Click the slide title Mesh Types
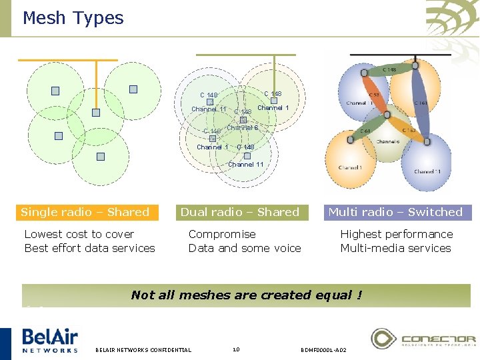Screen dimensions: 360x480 click(x=73, y=18)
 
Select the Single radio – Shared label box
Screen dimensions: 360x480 click(x=85, y=212)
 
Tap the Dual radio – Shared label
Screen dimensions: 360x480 click(x=240, y=212)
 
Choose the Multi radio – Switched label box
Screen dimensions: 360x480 click(x=395, y=212)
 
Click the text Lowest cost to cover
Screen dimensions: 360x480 click(x=79, y=234)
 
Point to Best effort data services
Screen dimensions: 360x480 click(x=89, y=248)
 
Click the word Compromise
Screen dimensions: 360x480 click(x=222, y=234)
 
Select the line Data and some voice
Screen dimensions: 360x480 click(x=245, y=248)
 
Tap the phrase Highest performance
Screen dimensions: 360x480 click(x=396, y=234)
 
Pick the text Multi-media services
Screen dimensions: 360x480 click(x=395, y=248)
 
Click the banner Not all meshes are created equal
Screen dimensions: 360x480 click(x=247, y=295)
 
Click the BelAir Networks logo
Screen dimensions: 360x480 click(x=50, y=339)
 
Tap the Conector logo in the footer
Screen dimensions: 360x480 click(x=423, y=339)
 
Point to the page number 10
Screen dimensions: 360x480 click(x=235, y=349)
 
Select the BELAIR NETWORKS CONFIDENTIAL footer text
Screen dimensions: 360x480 click(x=143, y=349)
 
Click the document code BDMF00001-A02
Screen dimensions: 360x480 click(x=323, y=349)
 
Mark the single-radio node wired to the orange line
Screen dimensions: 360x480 click(x=96, y=113)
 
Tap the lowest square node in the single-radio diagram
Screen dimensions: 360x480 click(x=100, y=157)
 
